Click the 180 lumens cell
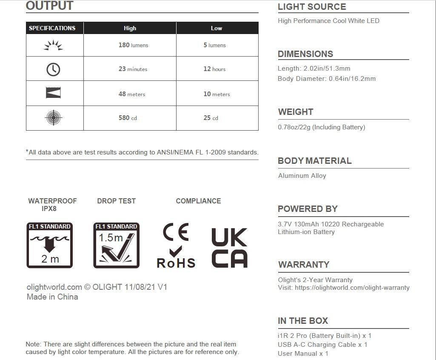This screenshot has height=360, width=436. click(133, 45)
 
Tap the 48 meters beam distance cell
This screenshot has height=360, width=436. click(131, 94)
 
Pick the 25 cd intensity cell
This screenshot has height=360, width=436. click(211, 118)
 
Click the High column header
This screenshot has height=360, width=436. click(130, 28)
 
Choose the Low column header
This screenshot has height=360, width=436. click(217, 28)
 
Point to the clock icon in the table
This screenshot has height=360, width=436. click(53, 69)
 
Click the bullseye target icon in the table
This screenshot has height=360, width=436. click(54, 118)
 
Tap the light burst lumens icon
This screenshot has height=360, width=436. click(54, 45)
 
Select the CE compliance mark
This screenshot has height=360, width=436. click(175, 232)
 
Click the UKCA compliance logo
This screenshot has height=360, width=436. click(229, 248)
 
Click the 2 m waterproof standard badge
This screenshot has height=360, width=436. click(50, 246)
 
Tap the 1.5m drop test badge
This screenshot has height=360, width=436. click(116, 246)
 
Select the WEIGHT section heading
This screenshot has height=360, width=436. click(296, 112)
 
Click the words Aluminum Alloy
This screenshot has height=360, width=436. click(302, 175)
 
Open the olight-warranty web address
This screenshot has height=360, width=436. click(352, 288)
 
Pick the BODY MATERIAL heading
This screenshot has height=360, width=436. click(315, 161)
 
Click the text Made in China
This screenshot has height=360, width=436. click(52, 297)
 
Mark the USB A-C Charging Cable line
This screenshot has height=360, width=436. click(322, 345)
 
